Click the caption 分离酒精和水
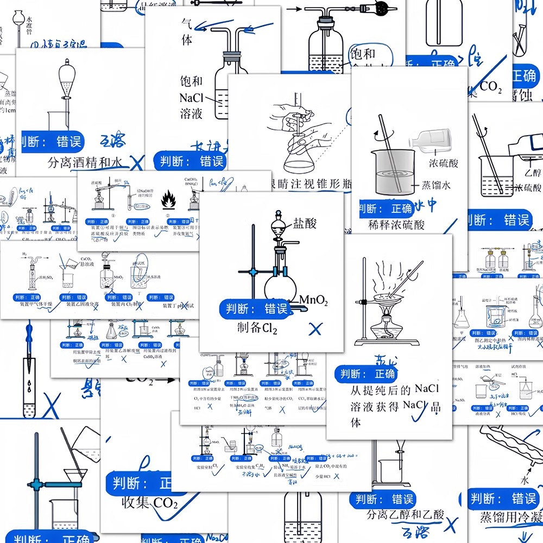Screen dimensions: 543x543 85,161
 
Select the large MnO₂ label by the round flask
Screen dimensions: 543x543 313,300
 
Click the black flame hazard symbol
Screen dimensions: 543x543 168,202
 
